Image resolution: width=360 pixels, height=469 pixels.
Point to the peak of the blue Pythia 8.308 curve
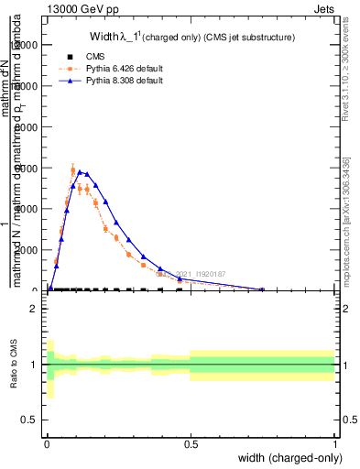81,171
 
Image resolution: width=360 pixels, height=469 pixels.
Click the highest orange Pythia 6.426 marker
73,169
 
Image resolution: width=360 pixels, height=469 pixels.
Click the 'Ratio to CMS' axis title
12,365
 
